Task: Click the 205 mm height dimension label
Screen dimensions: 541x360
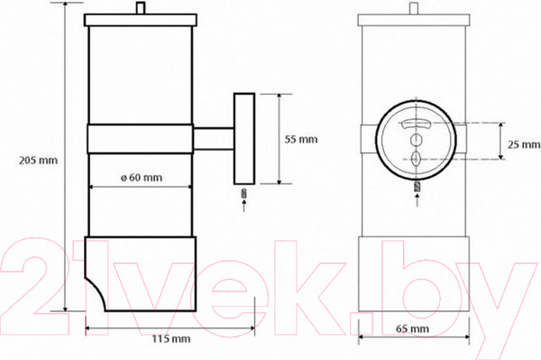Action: pos(38,161)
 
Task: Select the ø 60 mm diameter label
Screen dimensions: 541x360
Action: pos(142,178)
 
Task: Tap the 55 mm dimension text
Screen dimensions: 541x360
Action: pos(301,140)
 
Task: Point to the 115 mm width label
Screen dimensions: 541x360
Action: pos(171,339)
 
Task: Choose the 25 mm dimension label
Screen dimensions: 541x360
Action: pos(524,144)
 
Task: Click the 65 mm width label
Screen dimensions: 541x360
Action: pos(413,328)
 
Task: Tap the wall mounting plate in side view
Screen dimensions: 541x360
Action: pos(244,139)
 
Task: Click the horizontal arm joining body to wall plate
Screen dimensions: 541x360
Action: pos(214,139)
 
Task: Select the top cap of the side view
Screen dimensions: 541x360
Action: pos(141,20)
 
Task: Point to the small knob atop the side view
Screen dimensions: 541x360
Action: pos(141,8)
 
